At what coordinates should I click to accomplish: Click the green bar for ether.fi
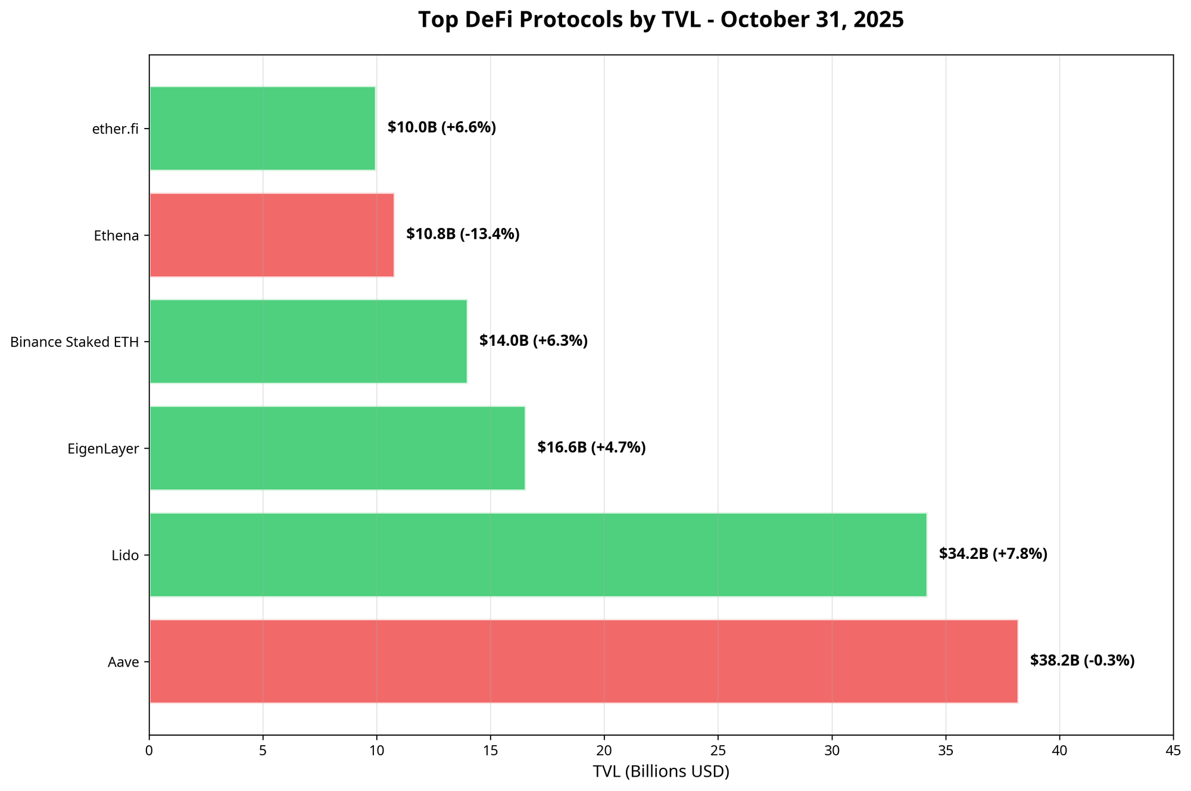pos(262,128)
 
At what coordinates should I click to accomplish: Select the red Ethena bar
pos(272,235)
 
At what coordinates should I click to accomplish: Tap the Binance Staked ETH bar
pos(308,341)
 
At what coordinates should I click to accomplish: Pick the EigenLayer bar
pos(337,448)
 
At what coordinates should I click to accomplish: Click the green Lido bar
pos(538,554)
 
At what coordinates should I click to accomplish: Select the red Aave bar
pos(583,661)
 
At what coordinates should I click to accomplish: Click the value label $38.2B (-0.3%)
pos(1082,661)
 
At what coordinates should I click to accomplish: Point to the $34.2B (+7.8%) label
pos(993,554)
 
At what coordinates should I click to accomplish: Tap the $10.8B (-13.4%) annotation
pos(463,235)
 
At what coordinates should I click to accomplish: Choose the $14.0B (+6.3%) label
pos(533,341)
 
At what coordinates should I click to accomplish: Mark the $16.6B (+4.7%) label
pos(591,448)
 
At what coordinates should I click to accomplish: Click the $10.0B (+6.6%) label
pos(441,128)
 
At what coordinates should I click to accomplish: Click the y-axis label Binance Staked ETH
pos(74,342)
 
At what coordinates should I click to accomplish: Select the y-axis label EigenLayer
pos(104,448)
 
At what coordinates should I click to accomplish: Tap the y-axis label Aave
pos(123,661)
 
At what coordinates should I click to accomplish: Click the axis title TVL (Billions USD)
pos(661,772)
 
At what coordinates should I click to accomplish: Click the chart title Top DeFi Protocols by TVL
pos(660,20)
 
